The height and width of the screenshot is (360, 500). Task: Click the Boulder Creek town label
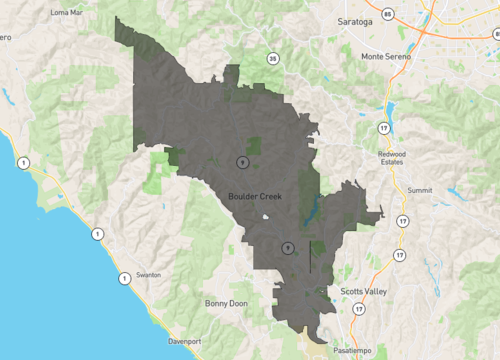pyautogui.click(x=255, y=197)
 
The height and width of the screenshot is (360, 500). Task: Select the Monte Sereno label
pyautogui.click(x=387, y=56)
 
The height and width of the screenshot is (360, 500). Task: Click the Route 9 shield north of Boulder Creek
pyautogui.click(x=241, y=161)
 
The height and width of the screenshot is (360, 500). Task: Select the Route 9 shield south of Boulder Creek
pyautogui.click(x=287, y=247)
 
